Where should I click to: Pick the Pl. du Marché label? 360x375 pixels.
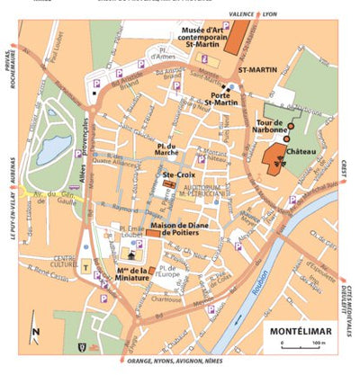(x=166, y=148)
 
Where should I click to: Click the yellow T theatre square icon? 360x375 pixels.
(x=86, y=267)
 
